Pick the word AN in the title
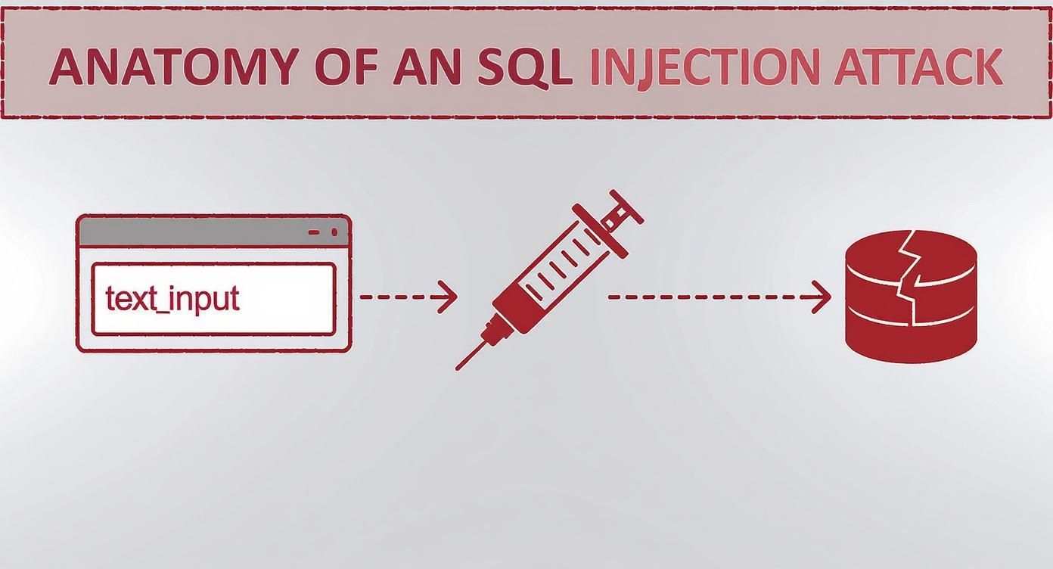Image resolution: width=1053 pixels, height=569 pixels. (428, 67)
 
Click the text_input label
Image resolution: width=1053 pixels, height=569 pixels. (172, 299)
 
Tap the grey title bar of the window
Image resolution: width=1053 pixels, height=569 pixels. (189, 232)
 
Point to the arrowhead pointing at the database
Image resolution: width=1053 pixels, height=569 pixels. (823, 297)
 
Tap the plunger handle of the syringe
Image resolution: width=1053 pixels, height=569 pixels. (626, 206)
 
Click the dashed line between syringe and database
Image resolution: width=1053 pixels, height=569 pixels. (711, 297)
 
